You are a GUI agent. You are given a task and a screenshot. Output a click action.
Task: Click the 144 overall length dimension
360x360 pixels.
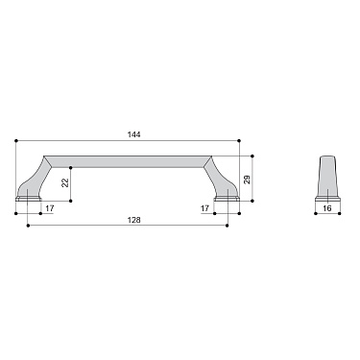click(133, 134)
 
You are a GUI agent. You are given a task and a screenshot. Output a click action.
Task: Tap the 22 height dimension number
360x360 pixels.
click(64, 182)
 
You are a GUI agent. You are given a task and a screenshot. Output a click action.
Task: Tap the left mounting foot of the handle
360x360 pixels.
click(29, 196)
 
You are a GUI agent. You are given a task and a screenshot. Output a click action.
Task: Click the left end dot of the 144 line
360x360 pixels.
click(16, 141)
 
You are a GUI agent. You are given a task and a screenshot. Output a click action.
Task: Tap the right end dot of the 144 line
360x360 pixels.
click(240, 141)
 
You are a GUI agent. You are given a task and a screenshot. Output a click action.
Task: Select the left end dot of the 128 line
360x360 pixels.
click(29, 227)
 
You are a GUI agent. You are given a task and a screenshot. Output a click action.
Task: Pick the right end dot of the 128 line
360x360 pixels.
click(228, 227)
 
